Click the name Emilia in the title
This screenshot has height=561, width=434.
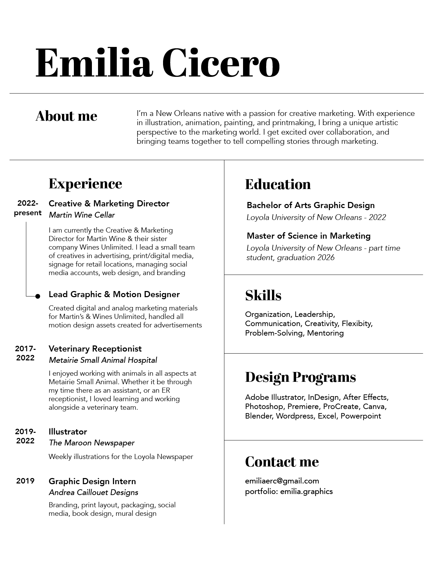coord(94,63)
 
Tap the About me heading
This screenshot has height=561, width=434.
coord(66,116)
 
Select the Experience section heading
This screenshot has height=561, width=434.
coord(85,184)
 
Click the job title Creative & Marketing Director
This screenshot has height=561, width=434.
coord(109,204)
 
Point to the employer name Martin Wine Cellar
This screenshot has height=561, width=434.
coord(82,215)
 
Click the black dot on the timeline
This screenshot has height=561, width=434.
coord(38,296)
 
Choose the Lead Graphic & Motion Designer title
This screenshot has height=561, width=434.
coord(114,294)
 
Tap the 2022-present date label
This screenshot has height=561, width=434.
coord(28,208)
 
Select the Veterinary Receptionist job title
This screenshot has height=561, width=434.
coord(95,349)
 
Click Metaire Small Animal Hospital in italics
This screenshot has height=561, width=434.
coord(103,360)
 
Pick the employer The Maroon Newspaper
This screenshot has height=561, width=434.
coord(92,443)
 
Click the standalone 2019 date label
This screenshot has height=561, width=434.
coord(25,481)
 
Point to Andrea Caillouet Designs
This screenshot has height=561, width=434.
coord(93,493)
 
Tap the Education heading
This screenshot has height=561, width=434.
coord(278,185)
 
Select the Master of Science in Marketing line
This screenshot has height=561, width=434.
coord(308,236)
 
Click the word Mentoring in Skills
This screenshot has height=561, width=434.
coord(325,333)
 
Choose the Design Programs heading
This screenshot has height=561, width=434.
coord(300,377)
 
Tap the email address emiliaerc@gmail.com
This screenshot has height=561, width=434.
coord(282,481)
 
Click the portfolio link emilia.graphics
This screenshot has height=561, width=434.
coord(306,492)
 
